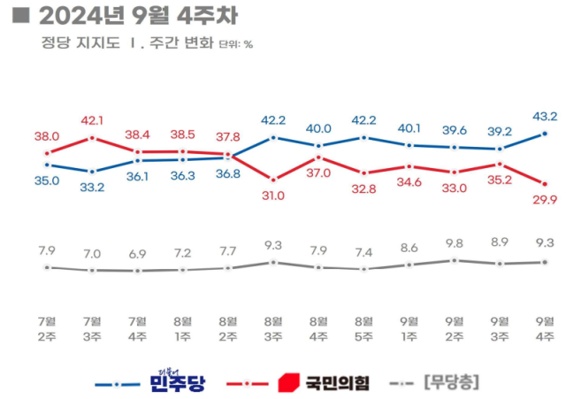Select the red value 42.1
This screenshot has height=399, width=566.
(92, 121)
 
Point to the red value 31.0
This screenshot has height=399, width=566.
(273, 196)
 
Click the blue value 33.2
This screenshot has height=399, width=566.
(92, 187)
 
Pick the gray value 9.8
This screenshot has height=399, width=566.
(455, 242)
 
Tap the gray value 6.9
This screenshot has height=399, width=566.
(137, 253)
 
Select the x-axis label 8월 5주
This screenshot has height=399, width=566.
(363, 327)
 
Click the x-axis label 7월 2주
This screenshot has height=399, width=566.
(47, 327)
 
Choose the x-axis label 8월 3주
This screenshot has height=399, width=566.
(273, 327)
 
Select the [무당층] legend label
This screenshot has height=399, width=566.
(452, 383)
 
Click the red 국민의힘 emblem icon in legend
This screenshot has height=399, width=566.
(287, 383)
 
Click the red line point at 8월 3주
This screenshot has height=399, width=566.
(273, 179)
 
